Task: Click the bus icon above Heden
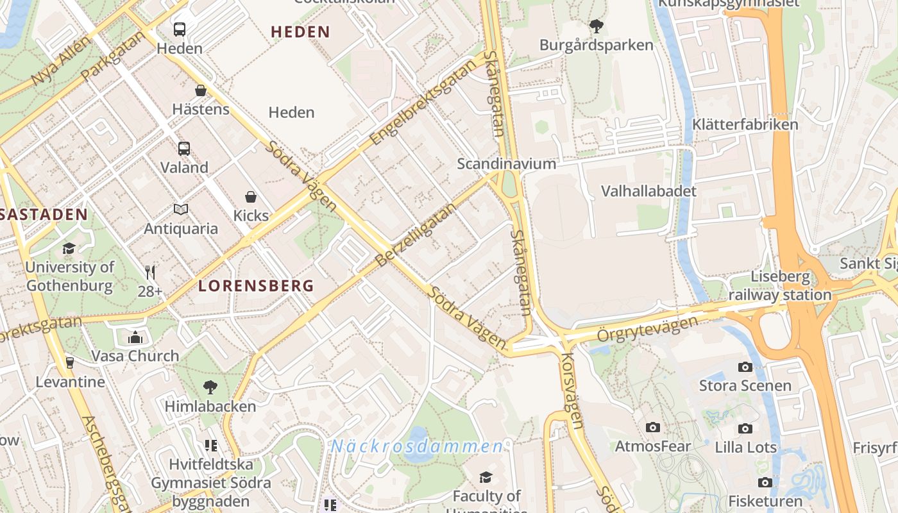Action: (180, 29)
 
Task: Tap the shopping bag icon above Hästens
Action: (201, 90)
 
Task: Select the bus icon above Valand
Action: (184, 149)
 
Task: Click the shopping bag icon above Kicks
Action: (251, 197)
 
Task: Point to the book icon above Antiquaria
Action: (181, 210)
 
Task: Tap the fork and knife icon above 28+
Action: (150, 273)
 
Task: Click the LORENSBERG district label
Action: (256, 286)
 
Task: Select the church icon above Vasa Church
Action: (135, 337)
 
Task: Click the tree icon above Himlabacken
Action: (210, 387)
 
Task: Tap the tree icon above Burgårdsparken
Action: (597, 26)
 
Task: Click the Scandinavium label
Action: (506, 164)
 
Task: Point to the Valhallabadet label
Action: (648, 191)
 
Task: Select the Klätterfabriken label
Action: (745, 124)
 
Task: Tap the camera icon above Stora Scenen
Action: (745, 367)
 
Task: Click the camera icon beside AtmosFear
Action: (653, 427)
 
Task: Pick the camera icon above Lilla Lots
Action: (745, 428)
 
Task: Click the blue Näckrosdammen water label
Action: (417, 446)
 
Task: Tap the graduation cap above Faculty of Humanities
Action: (486, 477)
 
